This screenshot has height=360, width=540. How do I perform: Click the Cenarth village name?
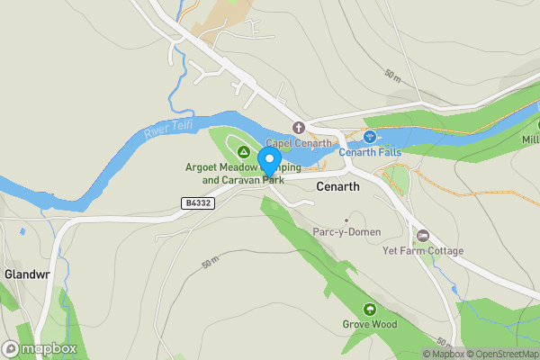[338, 186]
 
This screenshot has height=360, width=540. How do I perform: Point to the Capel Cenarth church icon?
[299, 128]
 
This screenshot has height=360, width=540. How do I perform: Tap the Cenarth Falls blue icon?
[369, 137]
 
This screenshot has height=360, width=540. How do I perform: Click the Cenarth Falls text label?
[370, 152]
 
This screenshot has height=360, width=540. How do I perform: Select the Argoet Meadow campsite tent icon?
[242, 151]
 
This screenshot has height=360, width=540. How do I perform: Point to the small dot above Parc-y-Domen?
[346, 220]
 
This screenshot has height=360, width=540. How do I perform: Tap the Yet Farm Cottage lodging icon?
[423, 236]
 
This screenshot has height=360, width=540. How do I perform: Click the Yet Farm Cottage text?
[423, 250]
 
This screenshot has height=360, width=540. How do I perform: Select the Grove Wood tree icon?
[369, 310]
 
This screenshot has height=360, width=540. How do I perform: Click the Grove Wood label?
[369, 324]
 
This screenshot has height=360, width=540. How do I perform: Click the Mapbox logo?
[40, 348]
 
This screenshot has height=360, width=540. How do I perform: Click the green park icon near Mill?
[529, 127]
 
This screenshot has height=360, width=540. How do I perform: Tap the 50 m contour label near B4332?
[210, 263]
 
